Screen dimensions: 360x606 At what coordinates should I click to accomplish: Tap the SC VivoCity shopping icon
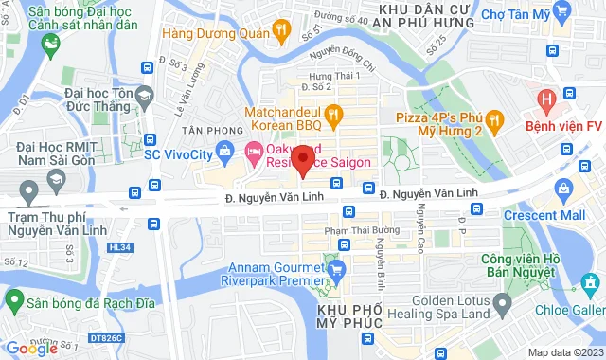pos(224,149)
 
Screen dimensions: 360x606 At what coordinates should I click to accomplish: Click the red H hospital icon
pos(545,99)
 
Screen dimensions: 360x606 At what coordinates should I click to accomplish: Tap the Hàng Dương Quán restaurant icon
pos(281,31)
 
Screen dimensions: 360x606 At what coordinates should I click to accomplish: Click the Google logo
pos(31,348)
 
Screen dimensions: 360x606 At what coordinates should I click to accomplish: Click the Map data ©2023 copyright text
pos(563,352)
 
